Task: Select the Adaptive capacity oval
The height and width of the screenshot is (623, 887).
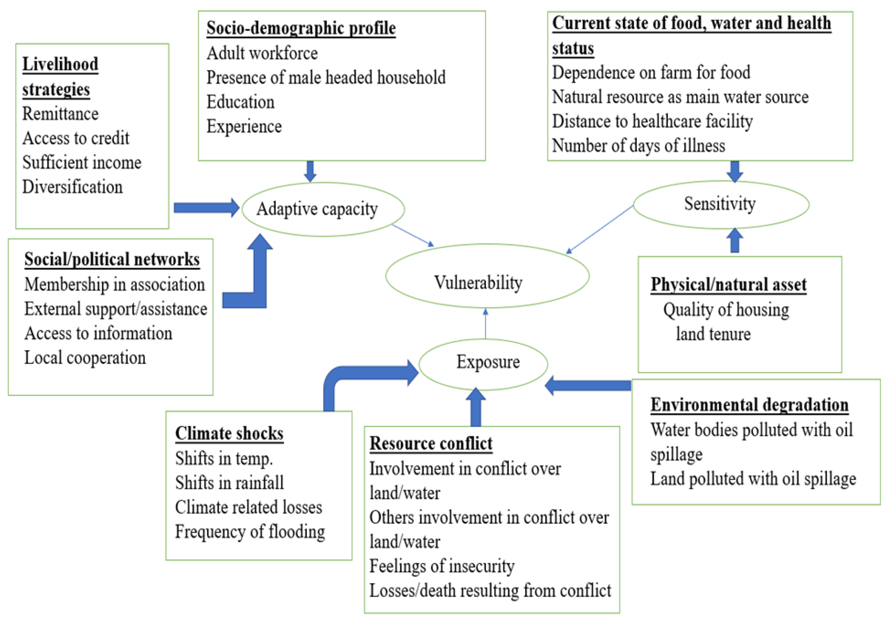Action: [323, 183]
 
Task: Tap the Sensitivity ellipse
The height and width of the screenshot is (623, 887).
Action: [721, 181]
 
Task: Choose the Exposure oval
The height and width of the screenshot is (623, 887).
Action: [483, 339]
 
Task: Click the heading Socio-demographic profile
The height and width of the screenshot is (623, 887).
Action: [301, 28]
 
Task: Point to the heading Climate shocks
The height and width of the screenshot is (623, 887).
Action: [229, 433]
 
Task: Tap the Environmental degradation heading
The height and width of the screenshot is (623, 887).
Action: [750, 405]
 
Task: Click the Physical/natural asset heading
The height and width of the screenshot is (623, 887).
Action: [729, 284]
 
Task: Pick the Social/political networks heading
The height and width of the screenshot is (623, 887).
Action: [112, 259]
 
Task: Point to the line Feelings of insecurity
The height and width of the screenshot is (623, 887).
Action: [442, 566]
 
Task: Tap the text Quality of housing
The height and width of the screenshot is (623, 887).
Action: [726, 310]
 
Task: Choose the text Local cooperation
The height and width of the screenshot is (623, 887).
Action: [85, 358]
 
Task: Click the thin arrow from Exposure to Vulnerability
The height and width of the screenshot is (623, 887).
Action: [486, 324]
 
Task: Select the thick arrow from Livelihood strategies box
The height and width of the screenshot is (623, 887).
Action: [207, 208]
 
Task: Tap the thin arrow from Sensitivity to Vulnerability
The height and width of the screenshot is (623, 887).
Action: [599, 229]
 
